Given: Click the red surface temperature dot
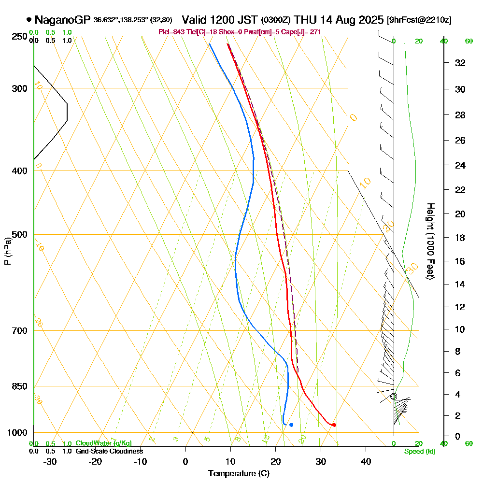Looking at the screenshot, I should (334, 425).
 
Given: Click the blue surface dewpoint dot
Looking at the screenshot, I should (291, 425).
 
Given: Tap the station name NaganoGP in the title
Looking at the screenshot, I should (62, 20).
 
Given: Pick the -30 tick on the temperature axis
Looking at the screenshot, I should (50, 461).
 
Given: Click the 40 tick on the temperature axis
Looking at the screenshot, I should (366, 461).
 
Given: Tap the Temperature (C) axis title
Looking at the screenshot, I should (239, 474).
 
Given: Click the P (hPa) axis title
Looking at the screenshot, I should (7, 251).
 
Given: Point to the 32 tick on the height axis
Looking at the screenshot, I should (460, 63).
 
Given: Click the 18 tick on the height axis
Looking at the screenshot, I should (460, 238).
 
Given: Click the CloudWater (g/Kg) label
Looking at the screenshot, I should (103, 443).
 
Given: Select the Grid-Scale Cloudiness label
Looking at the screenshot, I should (109, 451).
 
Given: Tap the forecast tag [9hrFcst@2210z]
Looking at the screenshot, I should (419, 20).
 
